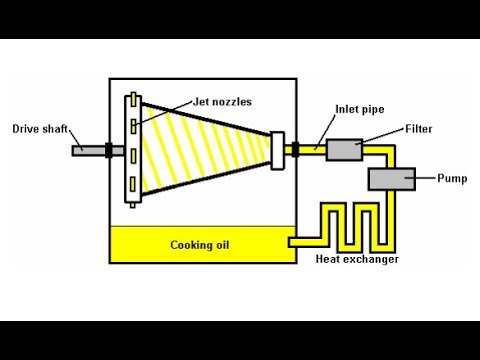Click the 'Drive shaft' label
click(x=40, y=129)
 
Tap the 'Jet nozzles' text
click(x=222, y=102)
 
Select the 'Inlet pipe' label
click(x=360, y=109)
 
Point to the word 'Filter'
click(x=419, y=129)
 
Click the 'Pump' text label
click(x=452, y=178)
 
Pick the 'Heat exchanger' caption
click(x=357, y=259)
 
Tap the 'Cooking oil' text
click(x=200, y=245)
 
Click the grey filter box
click(x=344, y=150)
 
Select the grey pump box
click(x=392, y=179)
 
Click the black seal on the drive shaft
click(x=109, y=150)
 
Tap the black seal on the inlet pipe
click(x=295, y=149)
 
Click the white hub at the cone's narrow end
click(x=277, y=151)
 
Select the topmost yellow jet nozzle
click(x=134, y=99)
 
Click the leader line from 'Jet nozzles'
click(x=164, y=112)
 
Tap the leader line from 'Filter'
click(x=380, y=136)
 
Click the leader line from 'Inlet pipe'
click(x=325, y=131)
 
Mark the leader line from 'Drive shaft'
click(x=76, y=139)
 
